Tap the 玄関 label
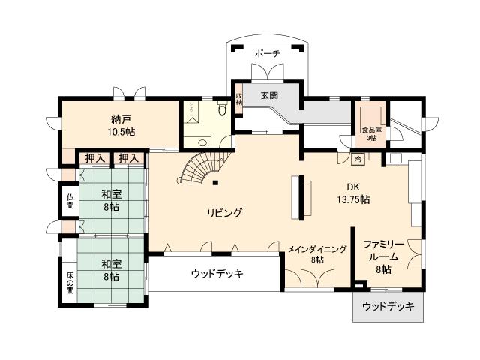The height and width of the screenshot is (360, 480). tap(270, 95)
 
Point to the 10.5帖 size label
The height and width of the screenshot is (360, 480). tap(119, 132)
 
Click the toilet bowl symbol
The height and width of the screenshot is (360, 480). tap(223, 110)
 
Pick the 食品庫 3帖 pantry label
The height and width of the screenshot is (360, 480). tap(370, 133)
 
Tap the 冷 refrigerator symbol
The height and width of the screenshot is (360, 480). tap(358, 159)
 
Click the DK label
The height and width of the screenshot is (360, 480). tap(353, 187)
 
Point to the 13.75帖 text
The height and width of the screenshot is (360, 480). tap(353, 199)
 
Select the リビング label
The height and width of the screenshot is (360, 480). tap(225, 213)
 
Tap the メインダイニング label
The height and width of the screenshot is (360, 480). tap(317, 248)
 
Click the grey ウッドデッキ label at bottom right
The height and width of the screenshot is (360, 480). tap(387, 307)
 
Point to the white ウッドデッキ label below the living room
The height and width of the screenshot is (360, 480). tap(217, 273)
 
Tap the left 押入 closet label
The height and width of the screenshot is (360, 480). tap(94, 158)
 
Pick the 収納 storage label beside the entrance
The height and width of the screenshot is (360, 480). tap(239, 99)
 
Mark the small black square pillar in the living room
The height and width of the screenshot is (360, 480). tap(215, 182)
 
